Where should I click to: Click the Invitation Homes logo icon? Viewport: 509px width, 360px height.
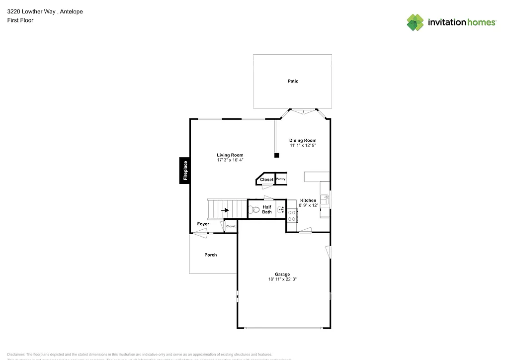coord(415,22)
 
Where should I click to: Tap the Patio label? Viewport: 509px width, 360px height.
coord(293,81)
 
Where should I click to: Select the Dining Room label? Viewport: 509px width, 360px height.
coord(303,140)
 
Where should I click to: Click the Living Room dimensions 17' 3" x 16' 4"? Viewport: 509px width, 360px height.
coord(230,160)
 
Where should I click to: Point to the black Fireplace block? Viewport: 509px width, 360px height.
coord(185,171)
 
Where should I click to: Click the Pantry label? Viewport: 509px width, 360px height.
coord(281,179)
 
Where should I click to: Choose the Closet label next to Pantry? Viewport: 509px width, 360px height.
coord(266,180)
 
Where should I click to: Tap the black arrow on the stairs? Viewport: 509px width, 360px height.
coord(225,210)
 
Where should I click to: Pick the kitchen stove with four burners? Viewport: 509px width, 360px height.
coord(292,215)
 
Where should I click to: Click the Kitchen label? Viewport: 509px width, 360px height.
coord(308,200)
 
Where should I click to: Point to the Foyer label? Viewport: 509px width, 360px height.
coord(203,224)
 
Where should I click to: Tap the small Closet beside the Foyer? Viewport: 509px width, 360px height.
coord(231,226)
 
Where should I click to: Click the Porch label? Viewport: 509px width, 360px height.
coord(211,255)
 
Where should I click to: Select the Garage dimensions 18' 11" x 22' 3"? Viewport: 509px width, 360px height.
coord(282,279)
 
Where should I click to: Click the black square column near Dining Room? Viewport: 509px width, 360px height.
coord(277,156)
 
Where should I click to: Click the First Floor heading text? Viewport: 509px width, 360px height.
coord(20,20)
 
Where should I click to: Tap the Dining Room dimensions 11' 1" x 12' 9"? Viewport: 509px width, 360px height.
coord(303,145)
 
